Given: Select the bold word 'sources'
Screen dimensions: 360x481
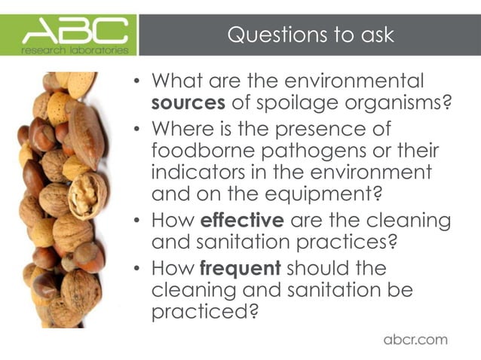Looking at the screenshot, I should [184, 102].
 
